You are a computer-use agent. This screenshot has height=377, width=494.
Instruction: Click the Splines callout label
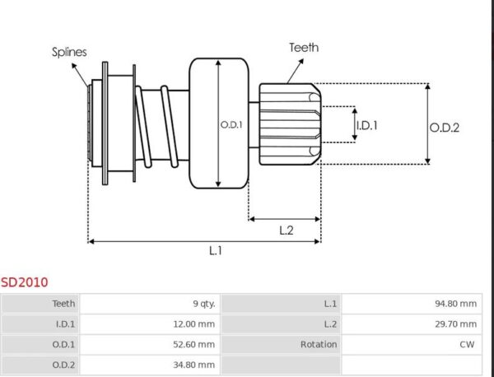coord(70,51)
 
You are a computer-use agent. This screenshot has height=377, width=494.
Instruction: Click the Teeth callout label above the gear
coord(304,48)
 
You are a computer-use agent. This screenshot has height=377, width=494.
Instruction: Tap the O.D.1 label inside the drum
coord(231,125)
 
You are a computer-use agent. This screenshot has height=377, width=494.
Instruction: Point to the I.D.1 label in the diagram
coord(366,125)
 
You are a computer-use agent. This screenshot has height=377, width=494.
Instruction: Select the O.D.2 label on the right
coord(444,127)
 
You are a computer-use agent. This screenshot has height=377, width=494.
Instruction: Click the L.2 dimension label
coord(287,230)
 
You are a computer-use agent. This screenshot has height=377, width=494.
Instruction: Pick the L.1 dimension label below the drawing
coord(215,250)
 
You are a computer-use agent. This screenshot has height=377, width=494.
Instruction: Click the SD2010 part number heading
coord(24,282)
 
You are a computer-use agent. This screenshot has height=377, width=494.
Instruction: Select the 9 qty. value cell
coord(201,304)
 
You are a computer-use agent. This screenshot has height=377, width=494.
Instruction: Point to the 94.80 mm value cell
coord(455,304)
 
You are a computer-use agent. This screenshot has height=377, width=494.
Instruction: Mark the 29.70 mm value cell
coord(455,324)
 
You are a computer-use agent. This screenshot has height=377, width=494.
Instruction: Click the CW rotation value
coord(468,345)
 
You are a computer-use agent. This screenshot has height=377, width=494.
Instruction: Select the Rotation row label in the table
coord(318,345)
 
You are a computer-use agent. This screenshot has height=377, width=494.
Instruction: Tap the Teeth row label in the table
coord(63,304)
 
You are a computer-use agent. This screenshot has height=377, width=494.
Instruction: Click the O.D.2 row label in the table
coord(63,365)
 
